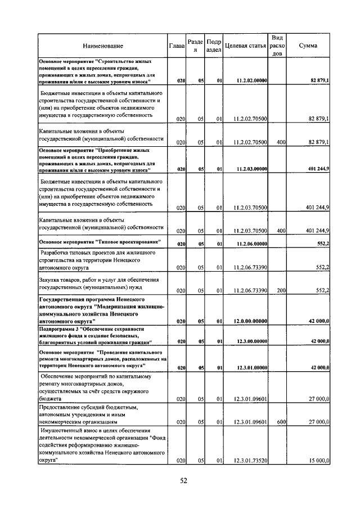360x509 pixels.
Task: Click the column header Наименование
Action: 102,46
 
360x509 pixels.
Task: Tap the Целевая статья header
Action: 245,46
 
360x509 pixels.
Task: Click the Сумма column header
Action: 308,46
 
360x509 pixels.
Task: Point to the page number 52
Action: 183,481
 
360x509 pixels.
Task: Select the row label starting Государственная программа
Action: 101,310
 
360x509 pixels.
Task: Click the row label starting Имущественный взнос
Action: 101,445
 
